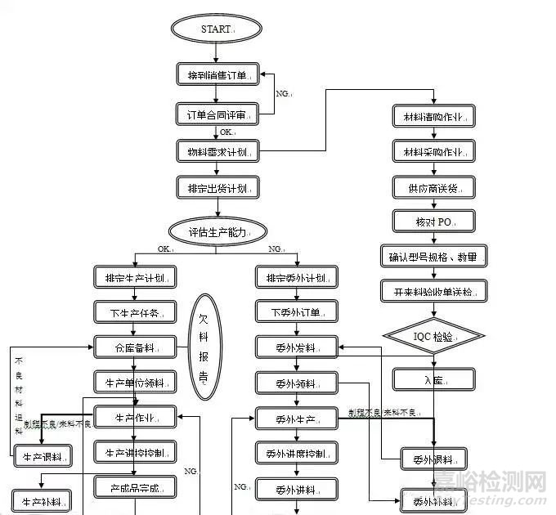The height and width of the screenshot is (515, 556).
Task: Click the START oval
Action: coord(216,29)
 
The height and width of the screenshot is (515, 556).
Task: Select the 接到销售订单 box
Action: coord(217,75)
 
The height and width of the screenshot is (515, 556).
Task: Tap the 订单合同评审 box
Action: coord(217,114)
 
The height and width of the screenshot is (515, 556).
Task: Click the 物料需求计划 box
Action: coord(217,152)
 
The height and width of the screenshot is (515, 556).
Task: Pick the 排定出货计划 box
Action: coord(217,188)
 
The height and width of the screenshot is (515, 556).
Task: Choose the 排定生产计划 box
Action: coord(135,277)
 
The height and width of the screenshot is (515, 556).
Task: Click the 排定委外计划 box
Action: coord(296,277)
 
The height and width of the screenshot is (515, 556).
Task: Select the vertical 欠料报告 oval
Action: coord(205,347)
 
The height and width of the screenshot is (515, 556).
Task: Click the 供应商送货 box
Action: coord(433,188)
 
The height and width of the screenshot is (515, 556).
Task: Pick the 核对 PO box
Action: coord(433,221)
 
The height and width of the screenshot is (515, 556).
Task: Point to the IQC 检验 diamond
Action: coord(433,336)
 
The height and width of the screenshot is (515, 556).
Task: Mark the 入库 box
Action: coord(433,379)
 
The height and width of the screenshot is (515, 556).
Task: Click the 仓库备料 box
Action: coord(135,347)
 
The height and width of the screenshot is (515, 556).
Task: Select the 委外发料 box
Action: coord(296,347)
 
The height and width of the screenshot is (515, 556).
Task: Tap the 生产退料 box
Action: coord(43,456)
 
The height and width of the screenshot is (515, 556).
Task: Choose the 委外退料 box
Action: coord(433,458)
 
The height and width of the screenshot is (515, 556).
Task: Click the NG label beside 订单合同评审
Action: coord(283,95)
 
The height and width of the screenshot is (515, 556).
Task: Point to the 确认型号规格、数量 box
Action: coord(433,256)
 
